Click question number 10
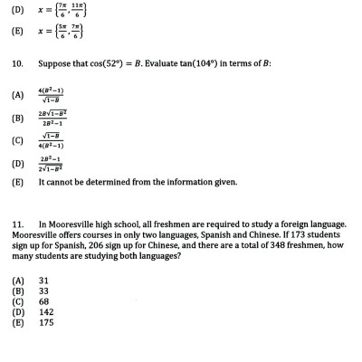coord(16,64)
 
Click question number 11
coord(16,223)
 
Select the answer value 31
coord(43,281)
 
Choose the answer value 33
coord(43,291)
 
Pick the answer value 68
coord(43,300)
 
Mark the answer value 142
coord(45,310)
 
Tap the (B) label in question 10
coord(17,119)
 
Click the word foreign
coord(285,223)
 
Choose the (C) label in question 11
coord(17,300)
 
